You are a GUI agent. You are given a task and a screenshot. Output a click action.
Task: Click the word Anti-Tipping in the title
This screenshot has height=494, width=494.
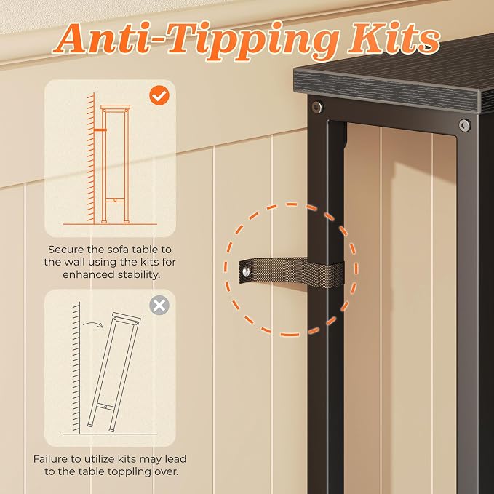point(196,40)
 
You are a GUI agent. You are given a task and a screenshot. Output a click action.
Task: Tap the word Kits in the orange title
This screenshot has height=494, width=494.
point(394,39)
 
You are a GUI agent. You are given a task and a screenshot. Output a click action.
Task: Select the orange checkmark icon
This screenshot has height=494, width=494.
point(159,95)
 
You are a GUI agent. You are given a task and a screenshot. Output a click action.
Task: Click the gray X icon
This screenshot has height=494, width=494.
point(159,305)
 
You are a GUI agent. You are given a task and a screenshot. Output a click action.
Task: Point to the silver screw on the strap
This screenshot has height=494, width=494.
point(246,271)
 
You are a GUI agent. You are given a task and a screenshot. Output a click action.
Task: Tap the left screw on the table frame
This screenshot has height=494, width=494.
point(317,107)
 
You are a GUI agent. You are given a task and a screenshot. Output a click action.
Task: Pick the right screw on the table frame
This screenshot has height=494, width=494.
point(464,125)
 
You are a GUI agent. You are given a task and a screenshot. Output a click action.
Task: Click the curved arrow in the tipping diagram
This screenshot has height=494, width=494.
point(93,324)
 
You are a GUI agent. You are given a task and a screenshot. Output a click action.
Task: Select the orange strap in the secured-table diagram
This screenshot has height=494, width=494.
point(100,130)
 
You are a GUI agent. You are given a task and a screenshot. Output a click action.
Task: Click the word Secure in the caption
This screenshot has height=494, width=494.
point(66,250)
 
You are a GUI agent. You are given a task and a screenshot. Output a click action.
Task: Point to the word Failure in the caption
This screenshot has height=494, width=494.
point(51,458)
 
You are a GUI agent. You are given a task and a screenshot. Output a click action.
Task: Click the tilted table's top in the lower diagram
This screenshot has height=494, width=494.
point(126,317)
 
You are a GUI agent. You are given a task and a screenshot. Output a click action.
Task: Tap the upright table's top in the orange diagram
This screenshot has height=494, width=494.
point(115,107)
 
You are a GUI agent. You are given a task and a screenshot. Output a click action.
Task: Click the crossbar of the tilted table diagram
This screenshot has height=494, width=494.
point(105,407)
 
